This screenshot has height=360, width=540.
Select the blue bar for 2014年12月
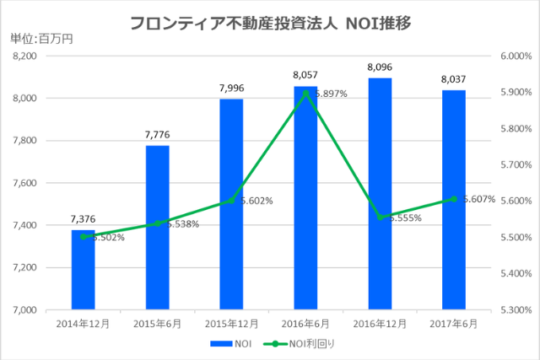click(83, 270)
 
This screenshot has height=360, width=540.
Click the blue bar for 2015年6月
click(157, 228)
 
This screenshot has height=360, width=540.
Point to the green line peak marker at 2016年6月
click(305, 92)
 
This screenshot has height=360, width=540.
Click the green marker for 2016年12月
click(380, 217)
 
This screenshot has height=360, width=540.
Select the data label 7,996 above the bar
click(231, 88)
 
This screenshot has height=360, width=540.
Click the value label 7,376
click(83, 219)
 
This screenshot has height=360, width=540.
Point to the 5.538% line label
click(181, 224)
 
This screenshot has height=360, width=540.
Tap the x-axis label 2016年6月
click(305, 323)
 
